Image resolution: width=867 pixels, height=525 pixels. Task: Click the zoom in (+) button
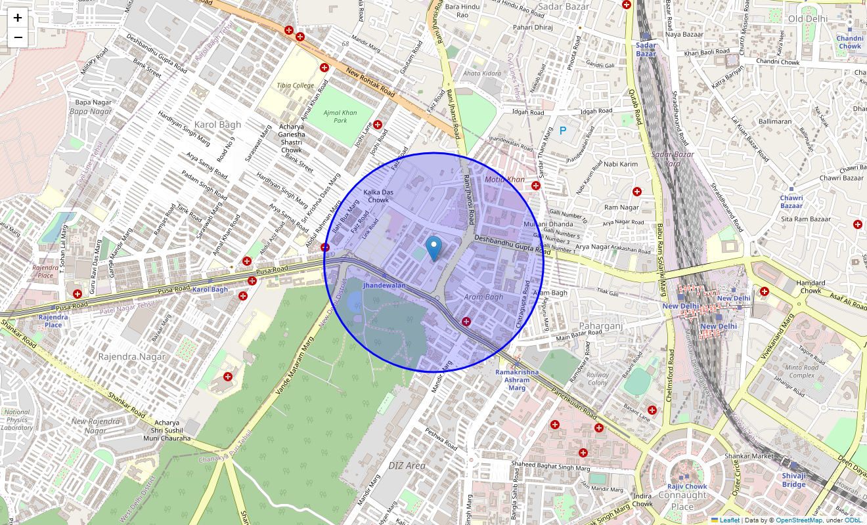click(18, 18)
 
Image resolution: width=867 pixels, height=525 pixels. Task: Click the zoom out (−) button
click(18, 37)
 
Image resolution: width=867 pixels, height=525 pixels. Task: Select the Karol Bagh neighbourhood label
click(217, 125)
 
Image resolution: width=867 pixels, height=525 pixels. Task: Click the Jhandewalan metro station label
click(384, 286)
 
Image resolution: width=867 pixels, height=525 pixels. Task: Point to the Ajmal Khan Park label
click(340, 117)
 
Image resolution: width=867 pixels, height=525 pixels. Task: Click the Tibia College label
click(295, 85)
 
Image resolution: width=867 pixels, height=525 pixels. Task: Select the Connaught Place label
click(682, 501)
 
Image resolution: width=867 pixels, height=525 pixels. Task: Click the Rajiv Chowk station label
click(687, 486)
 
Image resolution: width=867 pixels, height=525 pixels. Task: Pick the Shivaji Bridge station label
click(793, 480)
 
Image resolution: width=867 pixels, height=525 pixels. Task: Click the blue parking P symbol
click(563, 131)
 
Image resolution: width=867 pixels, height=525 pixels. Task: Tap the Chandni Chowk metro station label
click(849, 42)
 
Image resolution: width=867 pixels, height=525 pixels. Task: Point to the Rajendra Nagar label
click(132, 356)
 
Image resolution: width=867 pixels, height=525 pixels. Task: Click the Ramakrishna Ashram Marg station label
click(517, 380)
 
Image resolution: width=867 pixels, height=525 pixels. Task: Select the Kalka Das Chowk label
click(378, 196)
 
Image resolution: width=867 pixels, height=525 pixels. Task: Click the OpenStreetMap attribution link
click(799, 520)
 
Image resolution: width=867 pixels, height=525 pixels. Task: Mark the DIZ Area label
click(407, 466)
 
